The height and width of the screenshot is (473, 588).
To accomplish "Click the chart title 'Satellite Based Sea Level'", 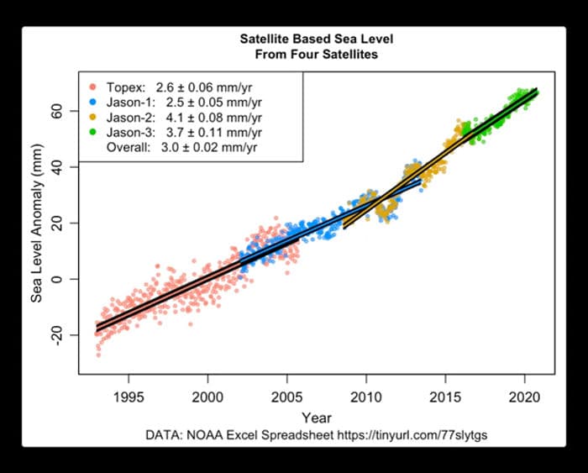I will pyautogui.click(x=316, y=39).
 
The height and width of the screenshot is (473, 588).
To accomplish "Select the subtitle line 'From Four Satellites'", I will pyautogui.click(x=316, y=55).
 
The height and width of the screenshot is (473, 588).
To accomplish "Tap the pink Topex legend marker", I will pyautogui.click(x=92, y=87).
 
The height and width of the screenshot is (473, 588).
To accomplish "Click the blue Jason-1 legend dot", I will pyautogui.click(x=92, y=102).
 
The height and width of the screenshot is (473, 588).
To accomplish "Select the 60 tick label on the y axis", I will pyautogui.click(x=57, y=111).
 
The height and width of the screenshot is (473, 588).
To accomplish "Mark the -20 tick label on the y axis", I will pyautogui.click(x=57, y=336).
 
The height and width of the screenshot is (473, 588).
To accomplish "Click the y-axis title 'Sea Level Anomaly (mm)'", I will pyautogui.click(x=36, y=223).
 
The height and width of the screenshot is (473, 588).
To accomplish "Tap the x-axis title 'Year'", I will pyautogui.click(x=317, y=418).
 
